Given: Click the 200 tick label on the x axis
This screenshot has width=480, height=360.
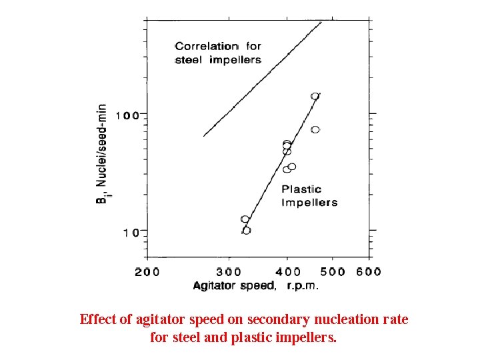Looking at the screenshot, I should tap(147, 271).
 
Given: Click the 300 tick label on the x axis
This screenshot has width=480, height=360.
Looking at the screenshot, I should tap(229, 271).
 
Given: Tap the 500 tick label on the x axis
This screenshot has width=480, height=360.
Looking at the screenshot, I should tap(332, 271).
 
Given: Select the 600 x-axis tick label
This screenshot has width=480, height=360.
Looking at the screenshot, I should tap(368, 271).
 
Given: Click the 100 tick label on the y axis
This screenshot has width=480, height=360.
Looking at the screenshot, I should tap(127, 115).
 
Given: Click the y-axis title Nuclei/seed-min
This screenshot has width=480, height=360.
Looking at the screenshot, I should tap(101, 145).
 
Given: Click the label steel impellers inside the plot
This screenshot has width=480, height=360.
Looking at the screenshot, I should tap(218, 59).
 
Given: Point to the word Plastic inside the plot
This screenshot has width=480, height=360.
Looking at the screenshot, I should tap(301, 189).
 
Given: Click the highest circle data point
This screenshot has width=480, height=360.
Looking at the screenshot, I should tap(315, 96).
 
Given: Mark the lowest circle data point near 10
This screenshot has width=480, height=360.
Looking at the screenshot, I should tap(247, 231).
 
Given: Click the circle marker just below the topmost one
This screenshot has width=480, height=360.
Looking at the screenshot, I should tap(315, 129).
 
